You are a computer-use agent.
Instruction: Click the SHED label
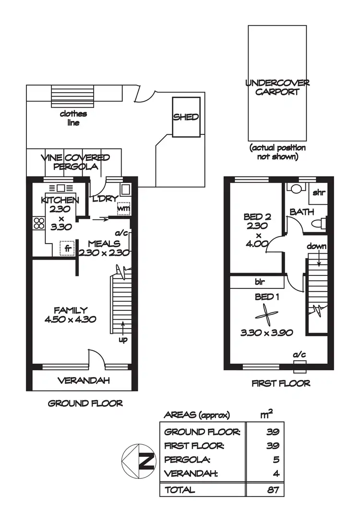tap(186, 117)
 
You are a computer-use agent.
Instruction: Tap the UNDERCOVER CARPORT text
tap(277, 87)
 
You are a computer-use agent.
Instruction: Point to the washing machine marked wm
tap(123, 209)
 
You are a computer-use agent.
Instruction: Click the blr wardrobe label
tap(261, 282)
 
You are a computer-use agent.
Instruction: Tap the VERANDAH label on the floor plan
tap(84, 380)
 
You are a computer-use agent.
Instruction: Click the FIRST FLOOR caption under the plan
tap(281, 383)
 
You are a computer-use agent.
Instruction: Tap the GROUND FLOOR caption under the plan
tap(85, 403)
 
